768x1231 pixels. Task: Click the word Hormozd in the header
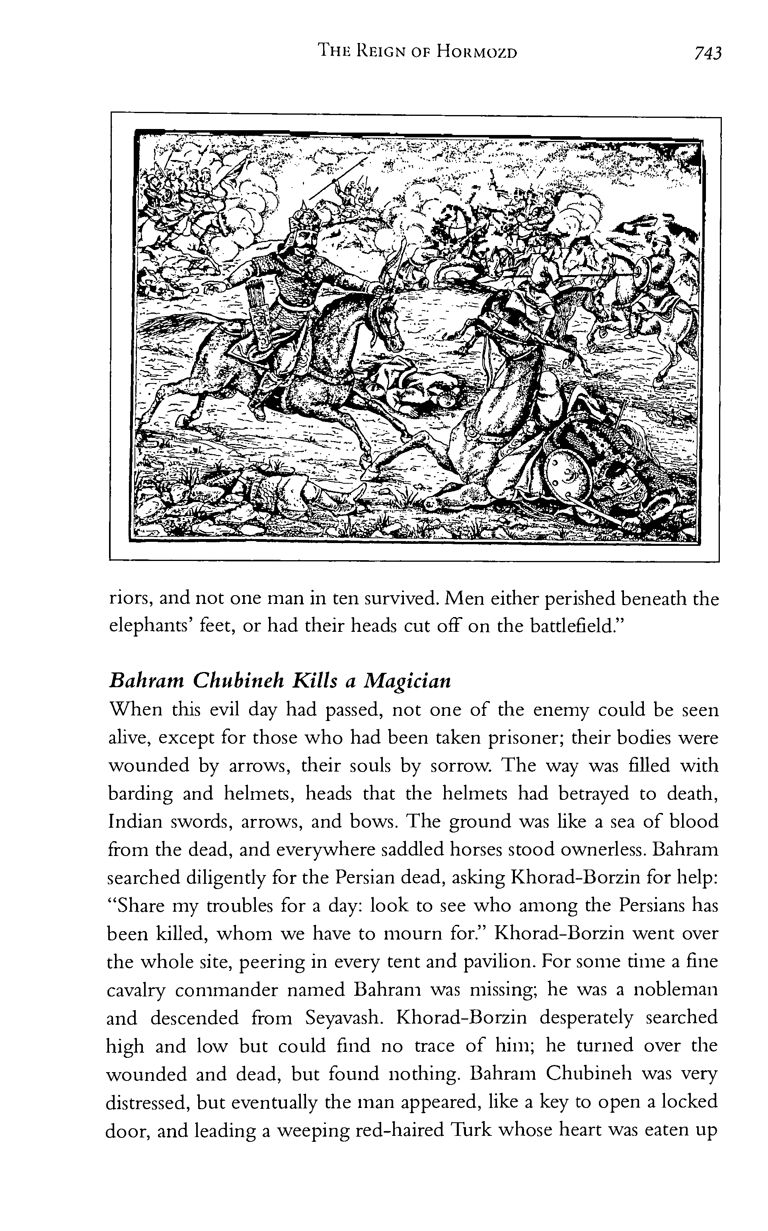(x=478, y=52)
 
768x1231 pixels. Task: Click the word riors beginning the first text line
(x=129, y=599)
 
